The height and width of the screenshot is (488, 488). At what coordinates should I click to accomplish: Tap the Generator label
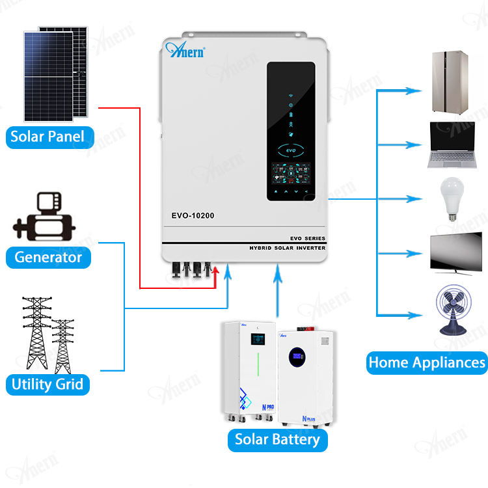point(48,257)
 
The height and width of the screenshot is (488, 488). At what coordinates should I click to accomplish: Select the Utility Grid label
point(47,383)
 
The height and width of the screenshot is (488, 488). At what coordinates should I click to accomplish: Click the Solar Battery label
point(277,439)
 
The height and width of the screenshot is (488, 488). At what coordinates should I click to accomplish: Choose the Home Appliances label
point(427,362)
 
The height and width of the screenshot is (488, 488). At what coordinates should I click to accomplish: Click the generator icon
point(44,218)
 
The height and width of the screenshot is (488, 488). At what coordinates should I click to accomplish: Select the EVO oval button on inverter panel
point(291,150)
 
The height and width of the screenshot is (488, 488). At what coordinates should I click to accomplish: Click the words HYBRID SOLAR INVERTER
point(287,248)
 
